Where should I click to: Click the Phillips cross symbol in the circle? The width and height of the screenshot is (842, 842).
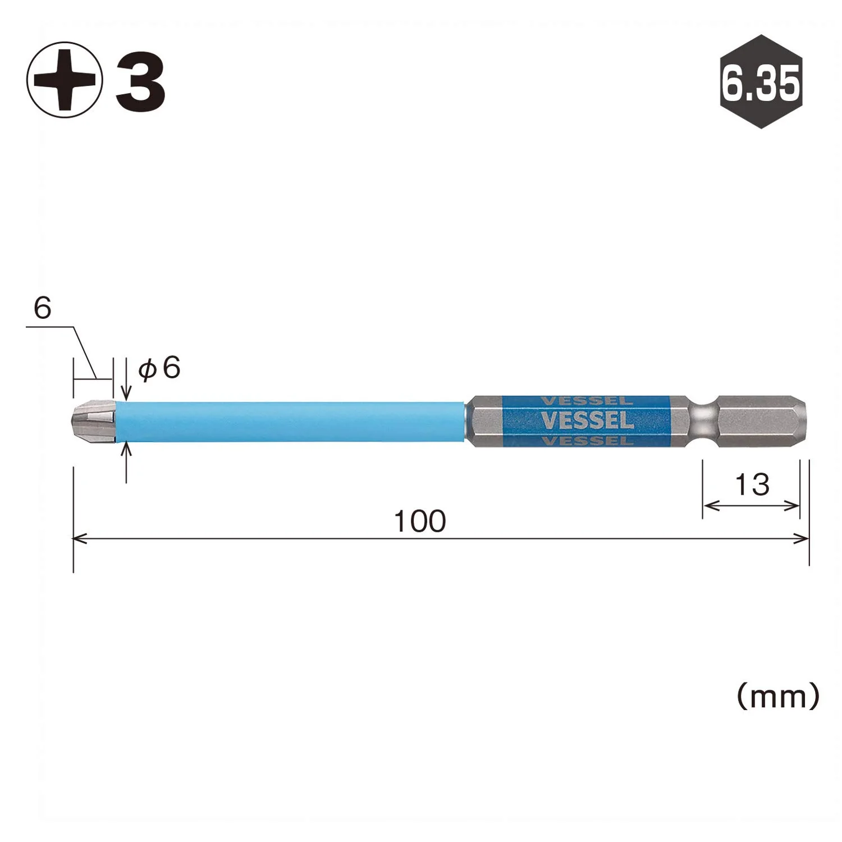pos(65,79)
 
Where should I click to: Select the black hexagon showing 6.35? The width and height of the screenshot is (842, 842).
pos(761,81)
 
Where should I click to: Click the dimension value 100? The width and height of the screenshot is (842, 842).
pos(420,521)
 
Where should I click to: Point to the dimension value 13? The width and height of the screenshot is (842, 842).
pos(752,484)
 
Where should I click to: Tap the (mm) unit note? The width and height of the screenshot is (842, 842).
pos(778,697)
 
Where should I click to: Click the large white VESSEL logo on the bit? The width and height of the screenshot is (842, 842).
pos(587,420)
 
